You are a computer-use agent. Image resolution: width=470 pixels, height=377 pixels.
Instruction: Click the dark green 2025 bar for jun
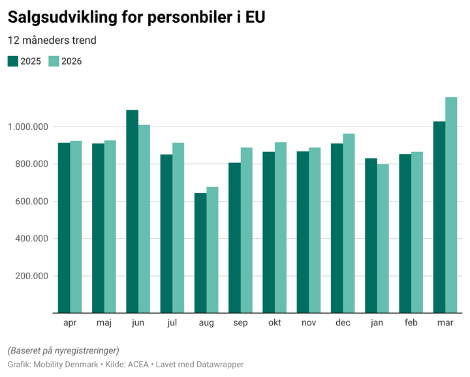[x=132, y=211]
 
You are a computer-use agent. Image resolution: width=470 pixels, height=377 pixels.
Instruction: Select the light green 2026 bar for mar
[x=451, y=205]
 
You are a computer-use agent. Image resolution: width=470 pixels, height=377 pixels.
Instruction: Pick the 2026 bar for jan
[x=383, y=239]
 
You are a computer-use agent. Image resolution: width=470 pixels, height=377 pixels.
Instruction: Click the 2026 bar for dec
[x=349, y=223]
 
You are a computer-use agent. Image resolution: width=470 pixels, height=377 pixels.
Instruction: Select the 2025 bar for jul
[x=166, y=234]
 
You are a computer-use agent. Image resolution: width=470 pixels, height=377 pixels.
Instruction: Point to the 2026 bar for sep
[x=246, y=230]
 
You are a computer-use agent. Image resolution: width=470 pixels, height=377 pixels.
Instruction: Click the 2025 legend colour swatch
[x=13, y=61]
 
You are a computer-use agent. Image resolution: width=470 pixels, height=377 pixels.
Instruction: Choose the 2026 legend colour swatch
[x=54, y=61]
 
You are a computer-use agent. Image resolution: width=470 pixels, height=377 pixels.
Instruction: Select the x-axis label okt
[x=275, y=323]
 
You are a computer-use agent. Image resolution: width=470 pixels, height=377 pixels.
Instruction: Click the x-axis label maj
[x=104, y=323]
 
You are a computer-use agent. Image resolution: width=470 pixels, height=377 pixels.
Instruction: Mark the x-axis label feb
[x=411, y=323]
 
